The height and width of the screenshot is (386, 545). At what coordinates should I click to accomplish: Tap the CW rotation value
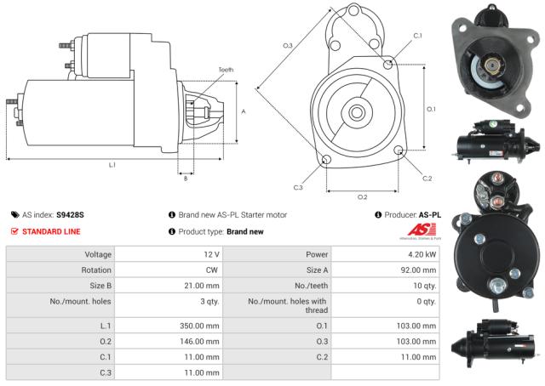212,270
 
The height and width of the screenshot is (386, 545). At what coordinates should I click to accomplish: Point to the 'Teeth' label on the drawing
225,69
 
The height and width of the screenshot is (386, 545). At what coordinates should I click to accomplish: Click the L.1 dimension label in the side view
112,165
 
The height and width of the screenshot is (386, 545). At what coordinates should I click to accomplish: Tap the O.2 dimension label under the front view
362,196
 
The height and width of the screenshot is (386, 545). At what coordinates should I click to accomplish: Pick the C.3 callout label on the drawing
298,187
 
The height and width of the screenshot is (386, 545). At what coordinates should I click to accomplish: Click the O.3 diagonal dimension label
288,45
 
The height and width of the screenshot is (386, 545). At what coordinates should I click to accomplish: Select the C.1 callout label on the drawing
417,36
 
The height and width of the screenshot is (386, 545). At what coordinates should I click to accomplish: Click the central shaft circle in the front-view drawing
356,111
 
